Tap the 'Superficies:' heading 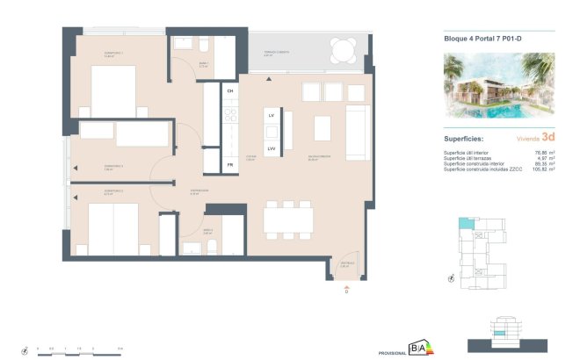(x=465, y=139)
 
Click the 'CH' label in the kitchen (x=230, y=90)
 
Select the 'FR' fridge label (x=230, y=164)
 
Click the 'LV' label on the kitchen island (x=272, y=115)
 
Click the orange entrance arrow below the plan (x=347, y=286)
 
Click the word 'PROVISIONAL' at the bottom (x=392, y=352)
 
